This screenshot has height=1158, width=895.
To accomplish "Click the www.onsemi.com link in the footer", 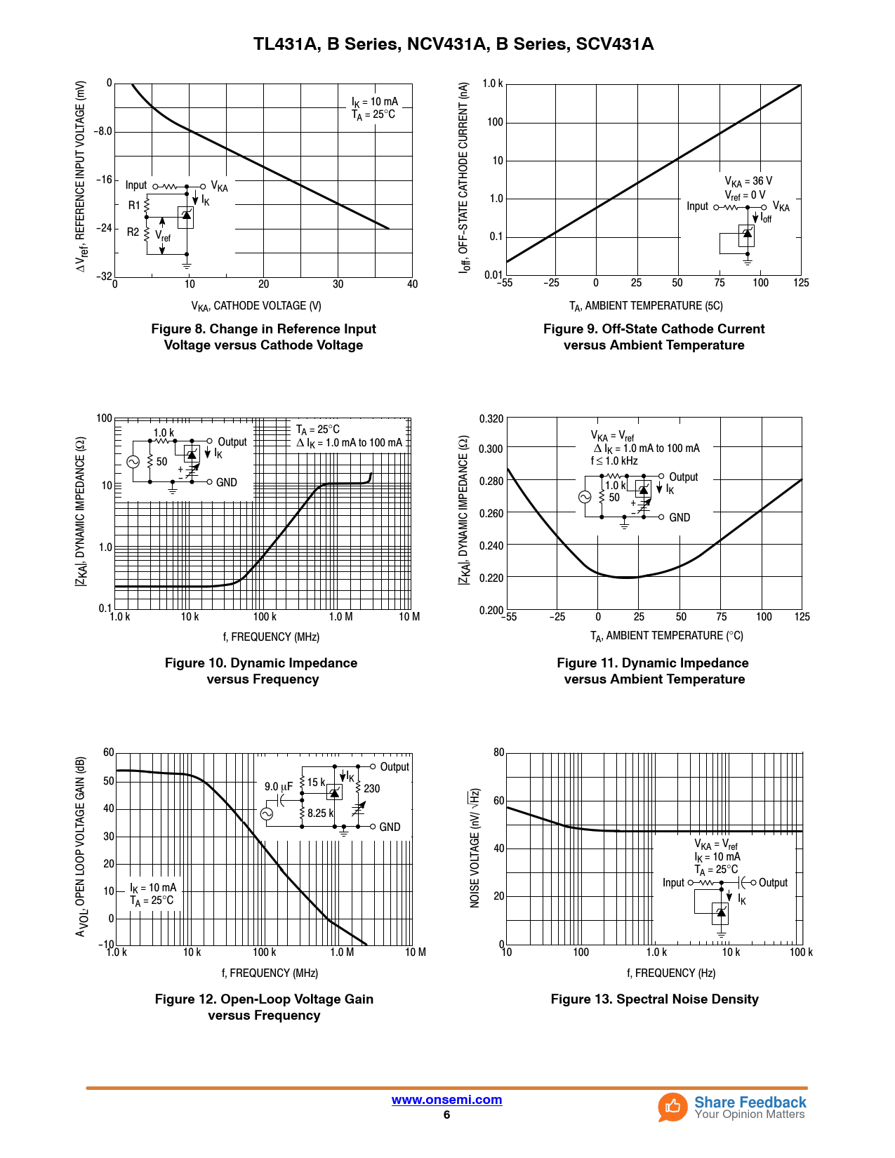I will (x=446, y=1100).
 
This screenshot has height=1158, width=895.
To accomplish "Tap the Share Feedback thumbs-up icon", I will (x=672, y=1107).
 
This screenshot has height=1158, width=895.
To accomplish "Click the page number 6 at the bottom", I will (x=446, y=1115).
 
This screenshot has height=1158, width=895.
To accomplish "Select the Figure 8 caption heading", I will (x=263, y=337).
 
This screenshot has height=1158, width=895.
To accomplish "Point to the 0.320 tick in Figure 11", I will (x=491, y=419).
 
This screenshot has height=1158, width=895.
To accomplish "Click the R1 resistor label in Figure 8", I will (x=134, y=206).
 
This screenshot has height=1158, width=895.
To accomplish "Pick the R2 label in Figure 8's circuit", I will (x=133, y=232).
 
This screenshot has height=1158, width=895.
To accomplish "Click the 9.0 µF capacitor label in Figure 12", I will (x=278, y=787).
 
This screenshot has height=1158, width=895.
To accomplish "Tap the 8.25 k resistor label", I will (x=320, y=813).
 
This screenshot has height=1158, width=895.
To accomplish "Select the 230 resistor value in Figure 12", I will (x=371, y=788).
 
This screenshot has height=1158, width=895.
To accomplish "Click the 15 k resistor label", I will (x=316, y=782).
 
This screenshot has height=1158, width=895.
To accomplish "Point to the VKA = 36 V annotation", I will (x=748, y=181).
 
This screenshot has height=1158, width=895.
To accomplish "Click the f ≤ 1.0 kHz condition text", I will (x=614, y=461).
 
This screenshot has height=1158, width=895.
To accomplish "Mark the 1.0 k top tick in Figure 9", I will (x=492, y=84).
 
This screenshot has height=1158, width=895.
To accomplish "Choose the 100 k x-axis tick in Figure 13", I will (x=801, y=952).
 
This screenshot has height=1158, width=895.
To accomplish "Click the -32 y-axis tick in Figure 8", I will (x=104, y=276).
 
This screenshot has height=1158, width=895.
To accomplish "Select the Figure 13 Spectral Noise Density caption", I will (x=654, y=999).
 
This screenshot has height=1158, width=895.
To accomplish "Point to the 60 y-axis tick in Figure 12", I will (x=108, y=752).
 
